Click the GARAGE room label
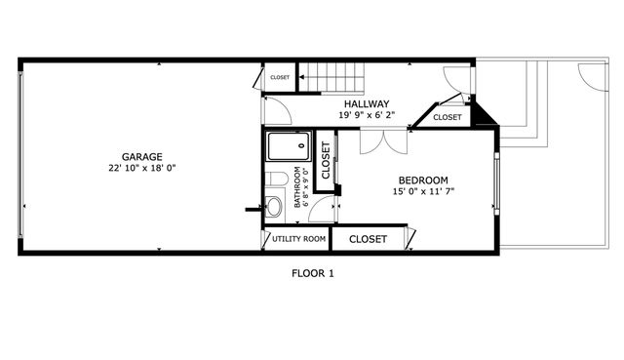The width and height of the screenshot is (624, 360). pos(141,157)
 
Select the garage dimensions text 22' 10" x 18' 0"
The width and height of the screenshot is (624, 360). pos(141,168)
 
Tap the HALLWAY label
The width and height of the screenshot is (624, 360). pos(367,104)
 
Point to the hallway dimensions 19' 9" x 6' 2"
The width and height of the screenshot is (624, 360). pos(367,115)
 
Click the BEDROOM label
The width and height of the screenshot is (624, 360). pos(423,180)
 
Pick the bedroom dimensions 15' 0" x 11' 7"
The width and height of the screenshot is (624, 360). pos(423,191)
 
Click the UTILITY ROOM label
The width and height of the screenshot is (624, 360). pos(298,239)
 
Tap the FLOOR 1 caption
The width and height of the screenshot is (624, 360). pos(313,273)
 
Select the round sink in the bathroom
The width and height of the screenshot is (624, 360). pos(274,206)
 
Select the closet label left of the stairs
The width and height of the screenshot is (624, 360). pos(280,77)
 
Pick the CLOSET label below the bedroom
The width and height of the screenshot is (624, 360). pos(369,239)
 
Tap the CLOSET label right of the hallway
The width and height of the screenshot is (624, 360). pos(447,117)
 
